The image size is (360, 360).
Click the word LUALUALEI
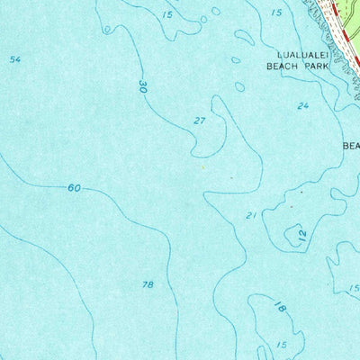tap(289, 54)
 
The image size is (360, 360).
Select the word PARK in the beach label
tap(311, 66)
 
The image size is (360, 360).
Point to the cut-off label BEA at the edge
tap(350, 145)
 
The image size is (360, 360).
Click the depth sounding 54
tap(14, 59)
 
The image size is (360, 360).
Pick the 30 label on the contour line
tap(143, 87)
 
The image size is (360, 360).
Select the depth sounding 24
tap(303, 106)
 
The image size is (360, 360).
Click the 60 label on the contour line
tap(74, 188)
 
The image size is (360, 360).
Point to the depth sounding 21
tap(252, 215)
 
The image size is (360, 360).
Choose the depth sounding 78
tap(148, 284)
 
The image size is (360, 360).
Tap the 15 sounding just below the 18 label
tap(282, 345)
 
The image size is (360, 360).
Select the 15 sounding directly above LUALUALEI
tap(276, 13)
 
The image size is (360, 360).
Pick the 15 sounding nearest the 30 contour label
tap(167, 15)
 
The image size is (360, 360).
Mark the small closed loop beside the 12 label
tap(292, 236)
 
